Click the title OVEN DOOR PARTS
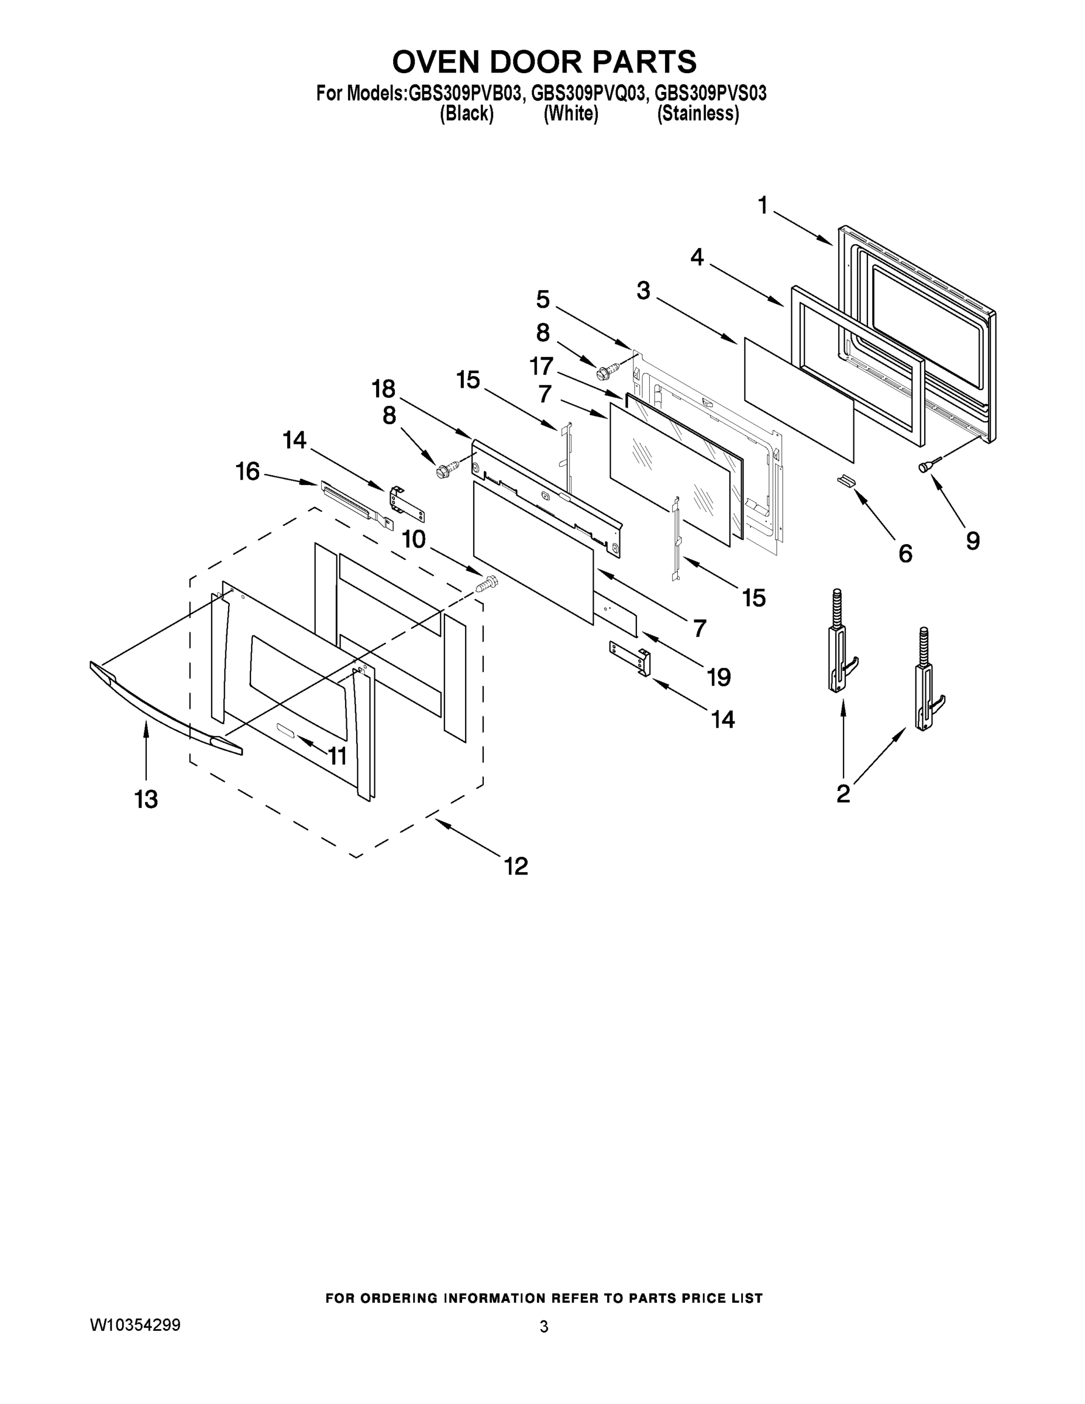[x=544, y=63]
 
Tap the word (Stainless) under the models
[x=697, y=114]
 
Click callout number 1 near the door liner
[x=763, y=206]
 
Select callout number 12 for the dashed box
[x=516, y=866]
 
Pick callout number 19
[x=719, y=677]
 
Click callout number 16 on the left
[x=247, y=472]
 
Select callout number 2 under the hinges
[x=843, y=793]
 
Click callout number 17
[x=541, y=366]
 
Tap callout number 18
[x=384, y=389]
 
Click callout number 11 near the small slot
[x=337, y=756]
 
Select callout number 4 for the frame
[x=697, y=258]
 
